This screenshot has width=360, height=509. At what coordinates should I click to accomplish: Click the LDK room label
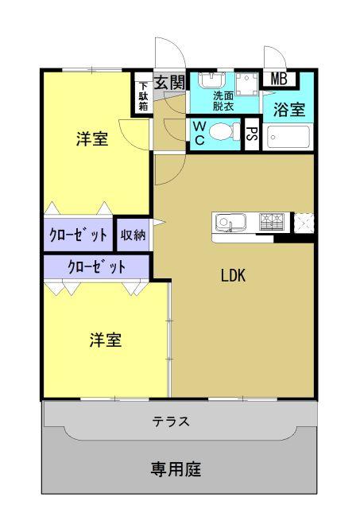pyautogui.click(x=233, y=276)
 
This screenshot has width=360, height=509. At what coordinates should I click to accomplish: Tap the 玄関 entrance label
pyautogui.click(x=169, y=82)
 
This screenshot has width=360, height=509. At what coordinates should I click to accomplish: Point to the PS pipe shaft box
pyautogui.click(x=252, y=134)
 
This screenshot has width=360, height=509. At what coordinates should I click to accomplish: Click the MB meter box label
pyautogui.click(x=279, y=79)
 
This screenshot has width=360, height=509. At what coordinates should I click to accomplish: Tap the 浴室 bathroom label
pyautogui.click(x=289, y=110)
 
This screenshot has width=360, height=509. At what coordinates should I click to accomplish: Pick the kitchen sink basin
pyautogui.click(x=226, y=222)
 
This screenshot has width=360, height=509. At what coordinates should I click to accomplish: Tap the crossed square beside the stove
pyautogui.click(x=304, y=222)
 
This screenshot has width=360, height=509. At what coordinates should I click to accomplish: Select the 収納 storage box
pyautogui.click(x=133, y=235)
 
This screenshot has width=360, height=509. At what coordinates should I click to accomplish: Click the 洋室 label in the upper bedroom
pyautogui.click(x=92, y=140)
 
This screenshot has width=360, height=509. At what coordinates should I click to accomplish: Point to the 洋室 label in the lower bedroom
pyautogui.click(x=105, y=340)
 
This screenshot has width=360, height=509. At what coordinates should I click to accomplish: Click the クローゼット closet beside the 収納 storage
pyautogui.click(x=79, y=235)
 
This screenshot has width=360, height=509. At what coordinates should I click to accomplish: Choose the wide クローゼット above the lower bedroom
pyautogui.click(x=96, y=266)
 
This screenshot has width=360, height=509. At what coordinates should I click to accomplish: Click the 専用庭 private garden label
pyautogui.click(x=176, y=469)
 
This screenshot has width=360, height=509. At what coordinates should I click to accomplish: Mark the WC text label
pyautogui.click(x=199, y=133)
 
